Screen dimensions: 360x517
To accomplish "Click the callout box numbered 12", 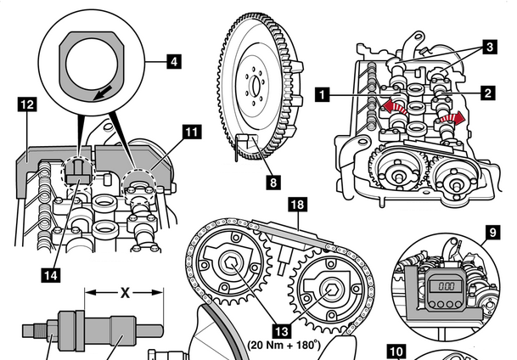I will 26,104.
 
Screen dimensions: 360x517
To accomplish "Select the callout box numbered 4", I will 173,61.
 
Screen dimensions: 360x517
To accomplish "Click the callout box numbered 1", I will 321,96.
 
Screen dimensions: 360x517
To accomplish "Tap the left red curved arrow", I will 391,105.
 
